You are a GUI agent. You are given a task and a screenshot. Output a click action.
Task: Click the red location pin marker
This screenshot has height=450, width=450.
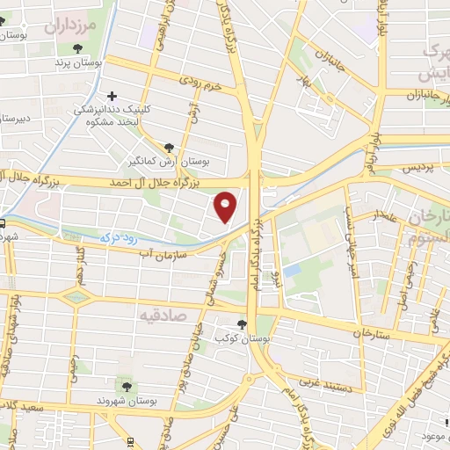click(226, 206)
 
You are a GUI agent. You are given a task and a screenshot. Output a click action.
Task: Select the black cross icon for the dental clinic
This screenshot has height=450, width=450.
click(112, 96)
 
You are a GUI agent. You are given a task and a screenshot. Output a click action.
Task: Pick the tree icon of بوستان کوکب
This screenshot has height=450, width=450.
click(242, 324)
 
